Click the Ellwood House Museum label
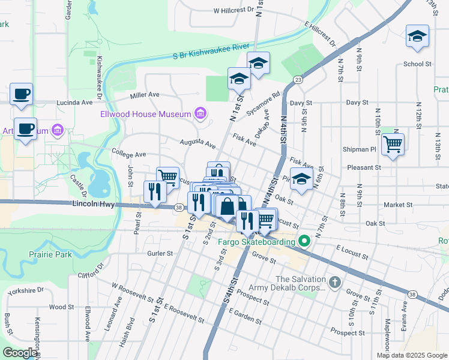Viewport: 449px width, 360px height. pyautogui.click(x=146, y=114)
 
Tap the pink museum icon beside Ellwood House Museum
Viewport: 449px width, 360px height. pyautogui.click(x=200, y=113)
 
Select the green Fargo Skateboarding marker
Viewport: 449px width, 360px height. pyautogui.click(x=304, y=242)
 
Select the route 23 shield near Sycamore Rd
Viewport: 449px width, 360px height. pyautogui.click(x=298, y=80)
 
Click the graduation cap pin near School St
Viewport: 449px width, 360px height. pyautogui.click(x=417, y=37)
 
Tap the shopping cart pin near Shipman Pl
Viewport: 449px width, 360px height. pyautogui.click(x=393, y=144)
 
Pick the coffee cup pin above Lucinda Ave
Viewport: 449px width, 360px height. pyautogui.click(x=21, y=94)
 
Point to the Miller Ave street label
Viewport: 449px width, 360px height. pyautogui.click(x=145, y=95)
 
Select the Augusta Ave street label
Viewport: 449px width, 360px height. pyautogui.click(x=197, y=143)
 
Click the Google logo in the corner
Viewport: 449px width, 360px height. pyautogui.click(x=20, y=352)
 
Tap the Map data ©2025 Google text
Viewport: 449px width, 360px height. pyautogui.click(x=411, y=355)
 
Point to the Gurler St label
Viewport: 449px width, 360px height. pyautogui.click(x=160, y=253)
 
